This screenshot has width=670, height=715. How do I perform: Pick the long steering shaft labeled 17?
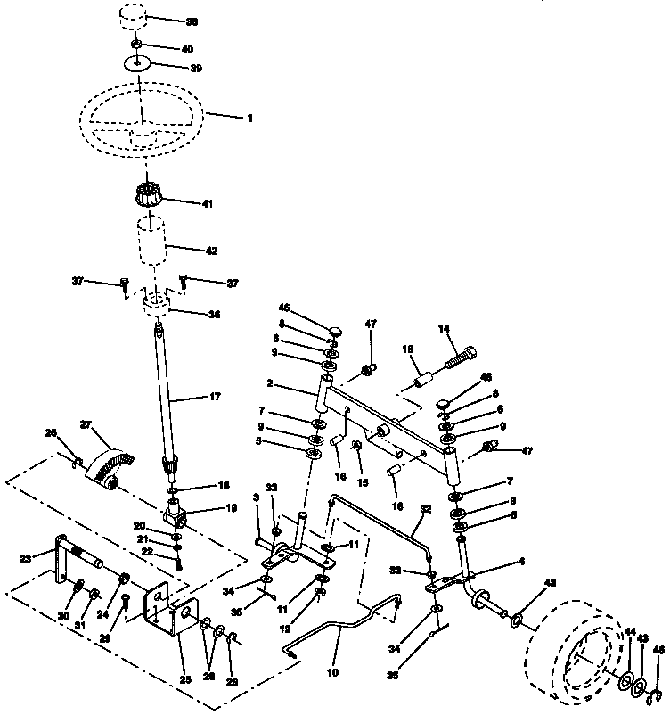coord(166,392)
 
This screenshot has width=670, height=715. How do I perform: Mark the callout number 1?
coord(250,118)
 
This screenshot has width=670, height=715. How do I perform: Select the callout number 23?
coord(24,559)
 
